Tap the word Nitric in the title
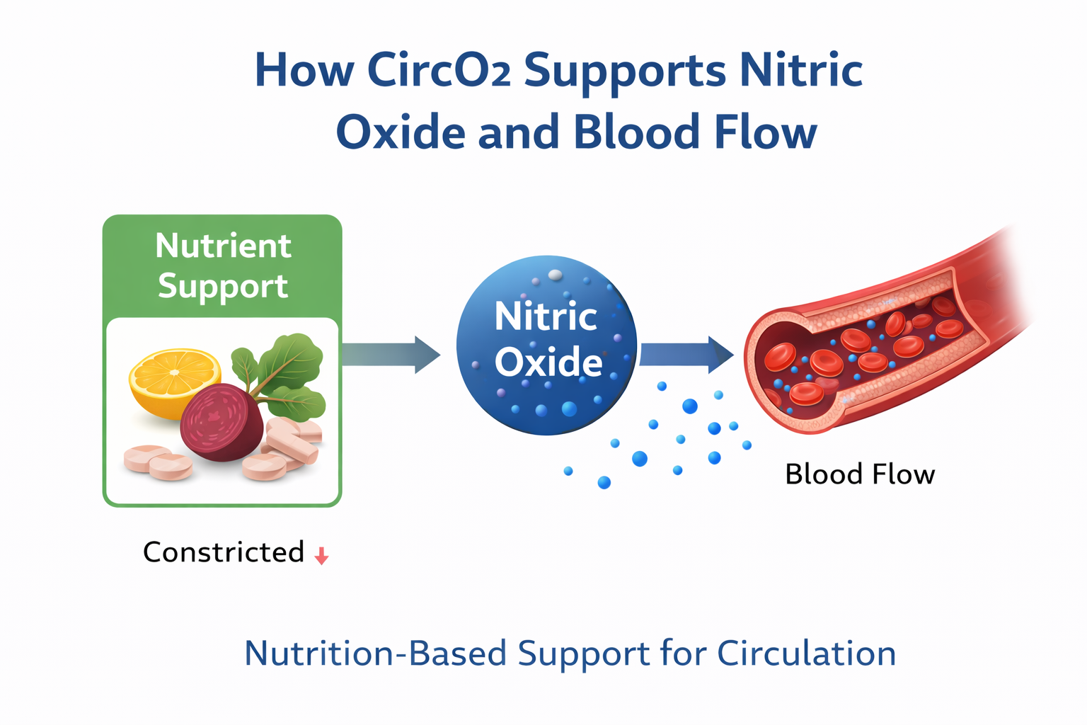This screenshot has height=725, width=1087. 800,70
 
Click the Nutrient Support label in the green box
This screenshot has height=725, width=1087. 223,266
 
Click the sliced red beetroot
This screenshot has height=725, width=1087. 222,423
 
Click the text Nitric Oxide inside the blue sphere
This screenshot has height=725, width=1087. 547,338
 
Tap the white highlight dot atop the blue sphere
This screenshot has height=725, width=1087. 556,275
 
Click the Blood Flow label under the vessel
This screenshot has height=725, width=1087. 860,474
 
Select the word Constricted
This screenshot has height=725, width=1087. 224,552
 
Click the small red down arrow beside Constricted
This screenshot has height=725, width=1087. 321,556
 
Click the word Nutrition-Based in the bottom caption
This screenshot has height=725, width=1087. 375,653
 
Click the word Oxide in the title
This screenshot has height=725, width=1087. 400,132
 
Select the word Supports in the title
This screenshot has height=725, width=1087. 625,72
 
